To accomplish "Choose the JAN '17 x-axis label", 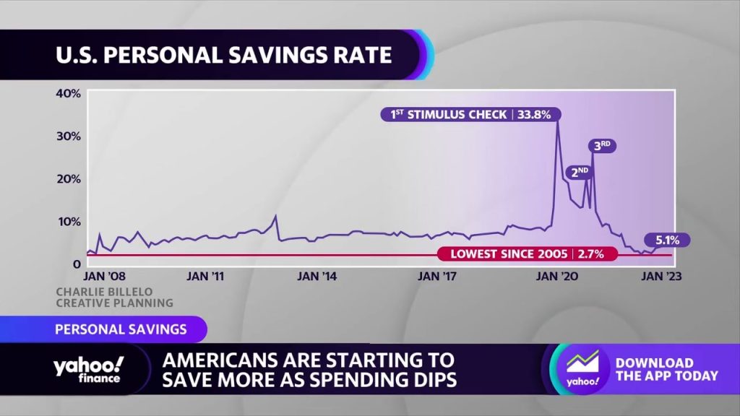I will pos(437,276).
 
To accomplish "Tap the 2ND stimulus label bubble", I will pos(580,172).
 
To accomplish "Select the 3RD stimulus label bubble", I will pos(602,146).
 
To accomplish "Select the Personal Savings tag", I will pos(121,329).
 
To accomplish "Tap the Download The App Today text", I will pos(667,369).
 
